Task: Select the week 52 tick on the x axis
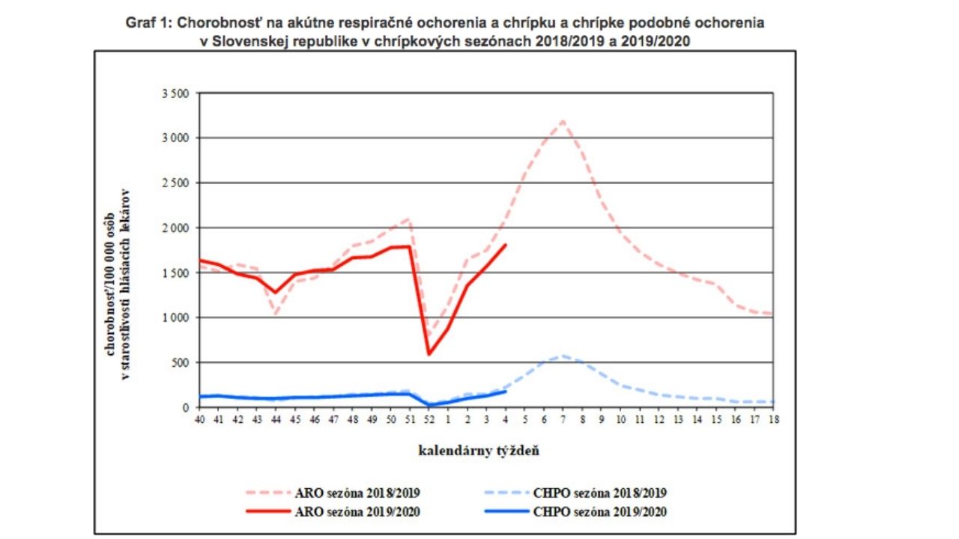coord(429,420)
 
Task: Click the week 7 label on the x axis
coord(563,420)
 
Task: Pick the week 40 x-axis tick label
coord(199,420)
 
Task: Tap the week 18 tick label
coord(773,420)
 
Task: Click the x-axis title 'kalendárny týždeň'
coord(479,451)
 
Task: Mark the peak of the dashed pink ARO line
coord(563,121)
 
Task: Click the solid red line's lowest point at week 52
coord(429,354)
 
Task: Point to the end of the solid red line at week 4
coord(506,245)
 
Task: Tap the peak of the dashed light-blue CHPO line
coord(563,356)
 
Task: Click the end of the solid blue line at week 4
coord(506,391)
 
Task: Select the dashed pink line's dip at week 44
coord(276,314)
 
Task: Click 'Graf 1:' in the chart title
coord(148,23)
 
